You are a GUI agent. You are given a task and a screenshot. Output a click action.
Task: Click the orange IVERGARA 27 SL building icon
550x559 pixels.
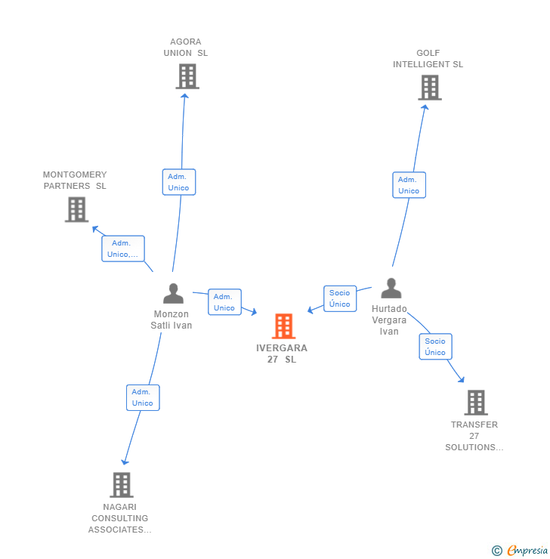[284, 326]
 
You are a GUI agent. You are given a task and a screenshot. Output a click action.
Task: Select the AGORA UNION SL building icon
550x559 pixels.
[187, 76]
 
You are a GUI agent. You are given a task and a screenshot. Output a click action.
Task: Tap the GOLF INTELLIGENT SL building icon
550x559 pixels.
[430, 88]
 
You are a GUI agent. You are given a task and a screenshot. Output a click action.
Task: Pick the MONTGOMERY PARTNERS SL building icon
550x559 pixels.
[76, 210]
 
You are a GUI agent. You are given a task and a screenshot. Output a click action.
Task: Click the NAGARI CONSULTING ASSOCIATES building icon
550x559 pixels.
[122, 485]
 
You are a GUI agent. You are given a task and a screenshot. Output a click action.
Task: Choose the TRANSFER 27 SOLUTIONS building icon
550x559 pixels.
[476, 403]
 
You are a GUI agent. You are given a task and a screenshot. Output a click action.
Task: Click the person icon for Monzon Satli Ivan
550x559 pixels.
[173, 293]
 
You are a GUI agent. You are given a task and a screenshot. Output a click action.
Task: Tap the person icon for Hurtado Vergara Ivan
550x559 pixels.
[391, 288]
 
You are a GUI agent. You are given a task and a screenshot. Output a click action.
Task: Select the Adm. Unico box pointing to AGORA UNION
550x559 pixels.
[179, 182]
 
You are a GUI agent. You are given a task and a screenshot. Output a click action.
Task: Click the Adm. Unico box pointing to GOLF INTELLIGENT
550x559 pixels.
[409, 185]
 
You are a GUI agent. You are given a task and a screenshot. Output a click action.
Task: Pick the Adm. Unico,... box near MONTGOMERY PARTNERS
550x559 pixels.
[123, 249]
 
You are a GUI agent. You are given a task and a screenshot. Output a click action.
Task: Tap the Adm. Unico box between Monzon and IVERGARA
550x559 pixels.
[224, 302]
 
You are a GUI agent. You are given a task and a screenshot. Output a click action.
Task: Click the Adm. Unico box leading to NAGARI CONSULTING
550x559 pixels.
[143, 397]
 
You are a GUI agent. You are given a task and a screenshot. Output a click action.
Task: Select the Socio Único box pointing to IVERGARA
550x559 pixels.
[340, 298]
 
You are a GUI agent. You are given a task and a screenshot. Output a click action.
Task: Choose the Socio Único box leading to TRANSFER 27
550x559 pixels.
[436, 347]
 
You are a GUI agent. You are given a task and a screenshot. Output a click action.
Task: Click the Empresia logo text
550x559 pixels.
[527, 551]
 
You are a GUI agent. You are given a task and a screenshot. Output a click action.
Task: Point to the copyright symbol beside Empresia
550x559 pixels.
[497, 551]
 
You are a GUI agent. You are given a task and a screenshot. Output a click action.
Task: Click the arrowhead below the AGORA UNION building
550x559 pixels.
[184, 96]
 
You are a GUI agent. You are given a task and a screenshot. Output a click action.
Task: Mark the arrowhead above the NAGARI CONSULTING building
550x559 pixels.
[125, 462]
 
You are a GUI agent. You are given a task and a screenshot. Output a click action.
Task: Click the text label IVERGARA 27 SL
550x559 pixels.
[282, 354]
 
